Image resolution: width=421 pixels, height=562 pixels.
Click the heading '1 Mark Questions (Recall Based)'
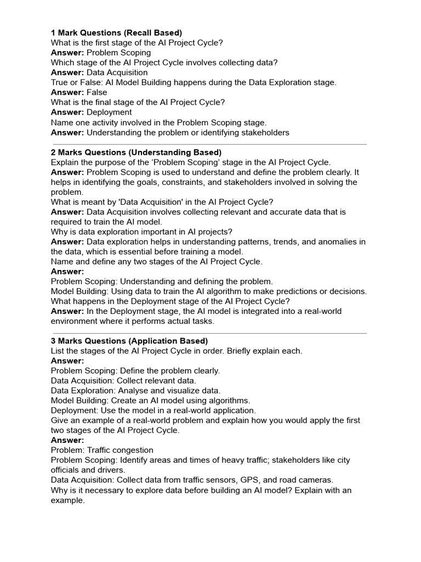click(116, 33)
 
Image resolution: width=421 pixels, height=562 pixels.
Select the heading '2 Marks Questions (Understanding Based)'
click(136, 152)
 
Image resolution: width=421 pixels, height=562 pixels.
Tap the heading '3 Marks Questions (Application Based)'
click(129, 341)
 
